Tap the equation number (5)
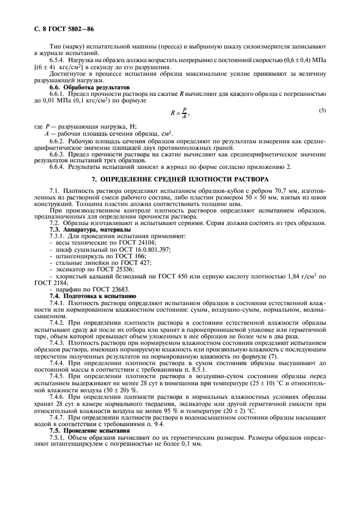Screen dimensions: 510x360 (x=322, y=111)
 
